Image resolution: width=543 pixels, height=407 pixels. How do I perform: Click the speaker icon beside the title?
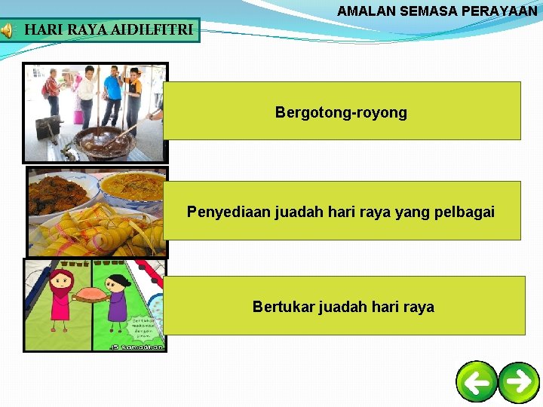pyautogui.click(x=7, y=30)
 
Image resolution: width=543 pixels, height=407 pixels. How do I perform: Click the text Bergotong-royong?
pyautogui.click(x=341, y=113)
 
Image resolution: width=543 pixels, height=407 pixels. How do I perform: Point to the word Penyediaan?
pyautogui.click(x=226, y=212)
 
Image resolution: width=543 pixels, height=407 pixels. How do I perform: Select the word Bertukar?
pyautogui.click(x=284, y=307)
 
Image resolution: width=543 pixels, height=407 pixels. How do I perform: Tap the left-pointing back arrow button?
pyautogui.click(x=477, y=382)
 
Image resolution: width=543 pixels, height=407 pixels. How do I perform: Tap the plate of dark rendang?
pyautogui.click(x=57, y=192)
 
